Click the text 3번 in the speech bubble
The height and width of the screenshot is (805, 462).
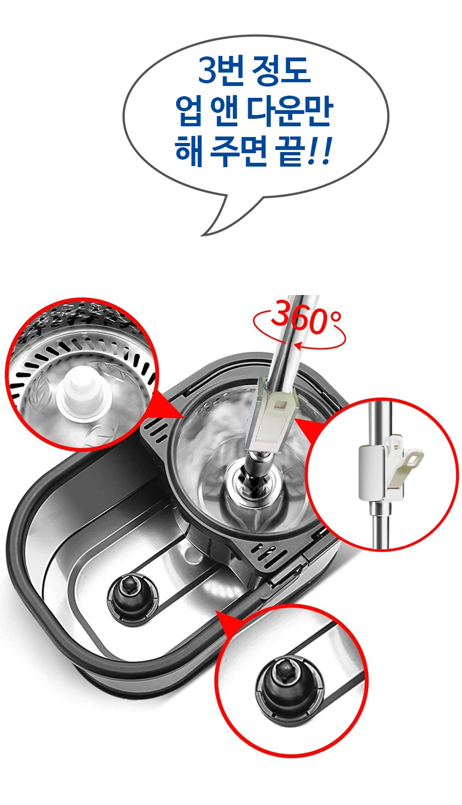coord(221,70)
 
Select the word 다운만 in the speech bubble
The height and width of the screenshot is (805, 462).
coord(289,111)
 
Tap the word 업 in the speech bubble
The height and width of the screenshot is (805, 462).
coord(188,111)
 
